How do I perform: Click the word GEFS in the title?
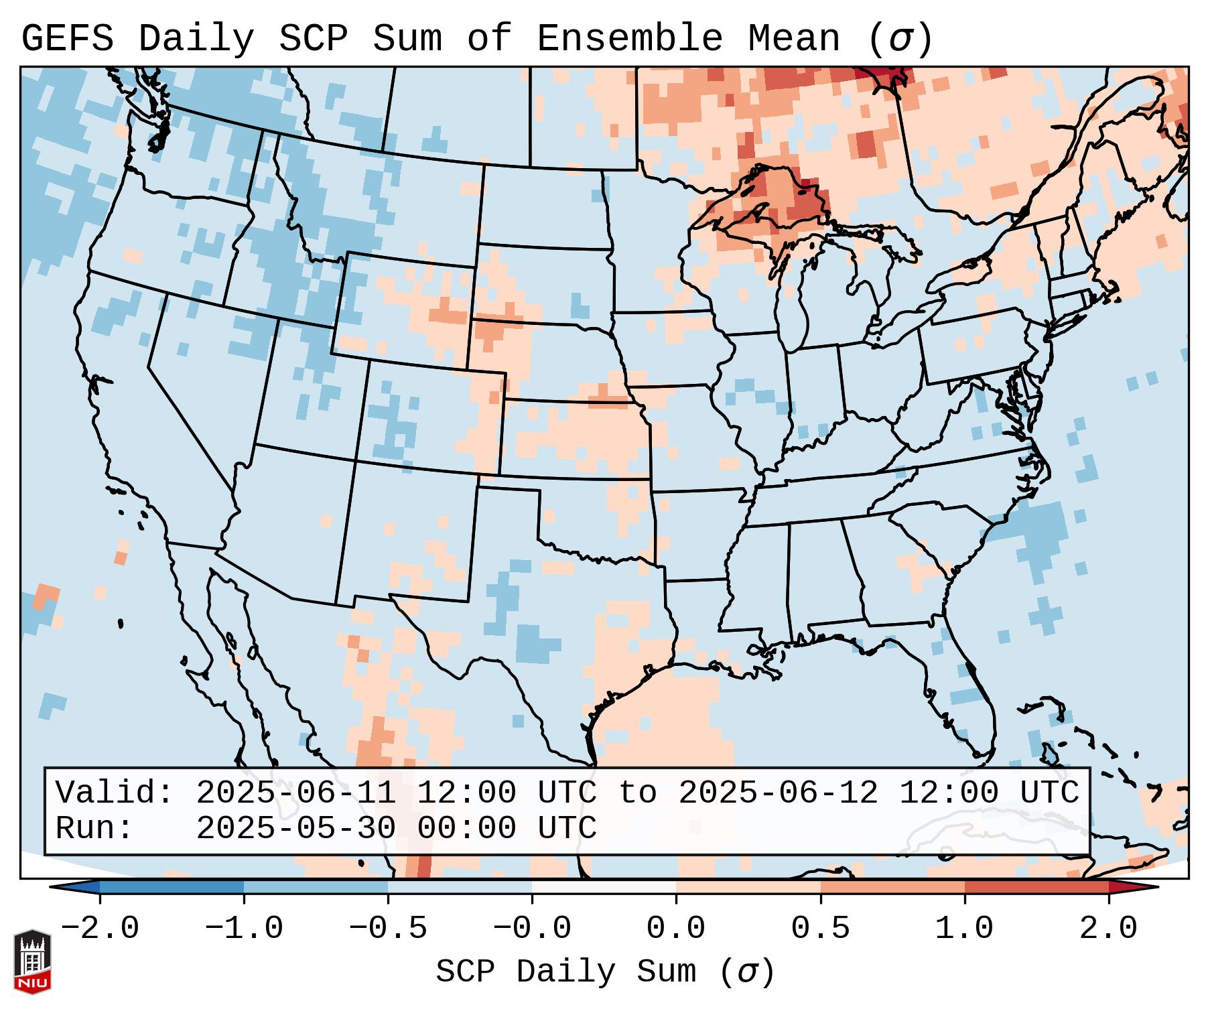(x=68, y=39)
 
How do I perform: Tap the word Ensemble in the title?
(x=629, y=39)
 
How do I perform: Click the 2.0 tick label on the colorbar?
(x=1108, y=929)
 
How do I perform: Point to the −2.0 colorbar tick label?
(x=100, y=929)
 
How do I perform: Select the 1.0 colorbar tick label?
(x=964, y=929)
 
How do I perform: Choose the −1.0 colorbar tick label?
(x=244, y=929)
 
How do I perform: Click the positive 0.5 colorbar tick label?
(x=820, y=929)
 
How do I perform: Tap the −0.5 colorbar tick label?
(x=388, y=929)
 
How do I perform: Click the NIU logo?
(x=32, y=961)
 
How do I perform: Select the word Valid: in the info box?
(x=114, y=793)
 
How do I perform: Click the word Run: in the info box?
(x=94, y=829)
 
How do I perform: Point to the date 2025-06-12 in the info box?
(x=778, y=793)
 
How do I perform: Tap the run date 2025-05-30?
(x=295, y=829)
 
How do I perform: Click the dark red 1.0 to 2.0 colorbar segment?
(x=1036, y=888)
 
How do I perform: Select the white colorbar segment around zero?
(x=604, y=888)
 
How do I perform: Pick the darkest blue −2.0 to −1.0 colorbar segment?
(x=172, y=888)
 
